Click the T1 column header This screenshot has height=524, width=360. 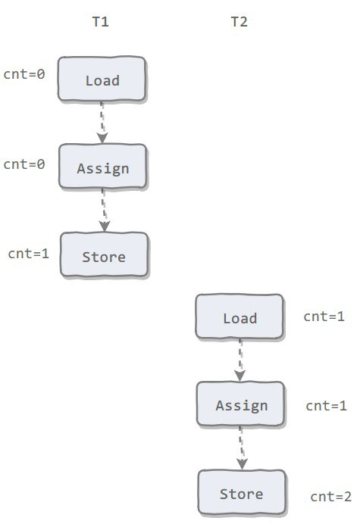(100, 22)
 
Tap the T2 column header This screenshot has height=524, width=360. (239, 22)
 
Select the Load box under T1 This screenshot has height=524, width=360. (102, 79)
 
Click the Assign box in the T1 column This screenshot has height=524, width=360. (103, 166)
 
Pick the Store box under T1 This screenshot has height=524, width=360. (104, 254)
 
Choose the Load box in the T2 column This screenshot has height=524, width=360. (239, 316)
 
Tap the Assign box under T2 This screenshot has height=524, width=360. (240, 404)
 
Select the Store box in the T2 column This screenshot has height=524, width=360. (242, 492)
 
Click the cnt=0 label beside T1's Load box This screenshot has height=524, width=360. (24, 74)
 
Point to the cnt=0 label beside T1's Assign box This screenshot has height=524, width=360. (24, 164)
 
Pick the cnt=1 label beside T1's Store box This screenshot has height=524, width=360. (29, 254)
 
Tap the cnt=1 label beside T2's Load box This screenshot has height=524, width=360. (324, 317)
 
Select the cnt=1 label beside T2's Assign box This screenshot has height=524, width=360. (326, 406)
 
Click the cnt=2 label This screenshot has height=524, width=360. (331, 497)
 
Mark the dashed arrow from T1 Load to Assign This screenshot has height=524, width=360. (102, 123)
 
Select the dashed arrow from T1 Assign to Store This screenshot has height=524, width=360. (104, 211)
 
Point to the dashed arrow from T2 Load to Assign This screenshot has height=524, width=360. (240, 360)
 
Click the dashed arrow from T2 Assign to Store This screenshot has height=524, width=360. (241, 448)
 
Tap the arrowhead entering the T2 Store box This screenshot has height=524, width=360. (242, 464)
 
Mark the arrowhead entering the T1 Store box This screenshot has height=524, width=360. (105, 226)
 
